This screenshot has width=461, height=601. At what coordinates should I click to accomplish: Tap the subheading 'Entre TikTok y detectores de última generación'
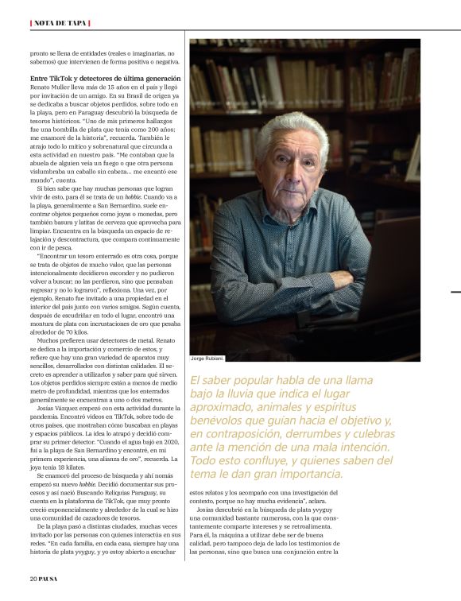click(x=105, y=79)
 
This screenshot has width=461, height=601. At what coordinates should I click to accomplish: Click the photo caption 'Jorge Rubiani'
click(x=207, y=359)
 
